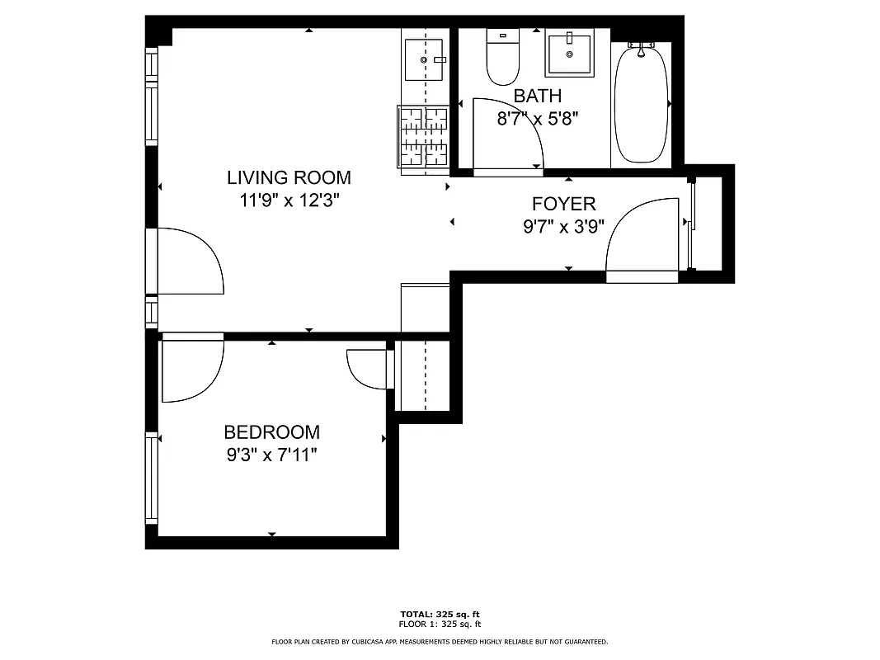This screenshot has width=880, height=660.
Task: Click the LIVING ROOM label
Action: coord(289,177)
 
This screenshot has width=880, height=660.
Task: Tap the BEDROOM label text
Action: coord(271,432)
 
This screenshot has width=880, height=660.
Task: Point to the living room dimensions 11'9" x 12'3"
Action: coord(289,200)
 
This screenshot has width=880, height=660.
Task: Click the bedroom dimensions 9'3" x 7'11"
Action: coord(271,455)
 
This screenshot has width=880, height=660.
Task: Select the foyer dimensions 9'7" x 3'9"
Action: coord(563,227)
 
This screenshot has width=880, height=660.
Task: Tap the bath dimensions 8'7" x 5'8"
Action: coord(537,119)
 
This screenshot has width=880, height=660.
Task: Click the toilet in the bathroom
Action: coord(502,58)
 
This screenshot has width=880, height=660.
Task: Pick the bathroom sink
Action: coord(569,54)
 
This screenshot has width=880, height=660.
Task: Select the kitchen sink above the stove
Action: coord(424,59)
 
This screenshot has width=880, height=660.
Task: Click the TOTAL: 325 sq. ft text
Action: coord(440,615)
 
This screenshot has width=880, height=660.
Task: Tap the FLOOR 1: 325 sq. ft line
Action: coord(440,624)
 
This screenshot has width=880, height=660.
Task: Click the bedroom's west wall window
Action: coord(152,478)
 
